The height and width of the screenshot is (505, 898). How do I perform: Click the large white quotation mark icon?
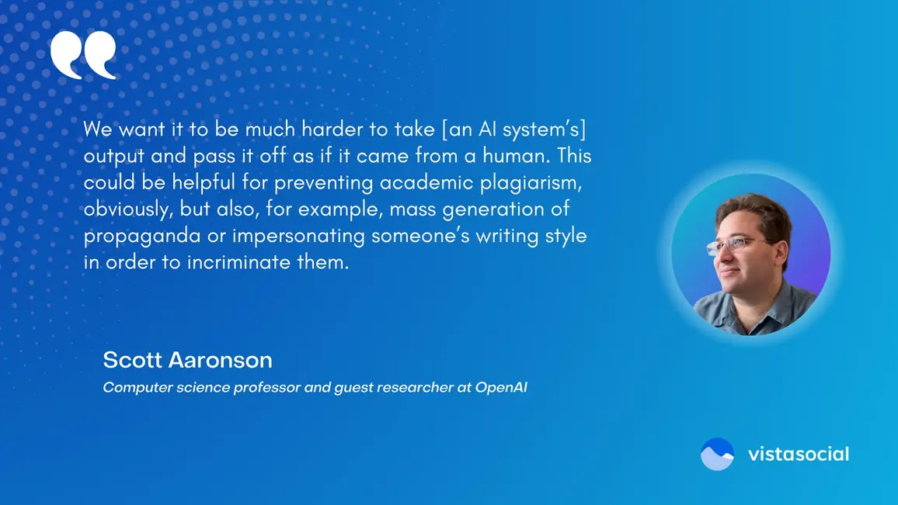(83, 54)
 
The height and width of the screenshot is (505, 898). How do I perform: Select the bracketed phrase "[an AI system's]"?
(513, 130)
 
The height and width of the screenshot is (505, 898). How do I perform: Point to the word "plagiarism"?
(531, 183)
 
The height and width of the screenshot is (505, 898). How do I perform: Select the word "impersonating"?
(298, 237)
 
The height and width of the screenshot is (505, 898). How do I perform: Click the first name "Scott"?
(132, 360)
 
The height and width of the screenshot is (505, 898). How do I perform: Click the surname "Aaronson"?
(221, 360)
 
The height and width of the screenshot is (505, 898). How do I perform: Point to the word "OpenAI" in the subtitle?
(501, 387)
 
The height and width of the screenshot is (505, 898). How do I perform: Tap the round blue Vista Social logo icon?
(717, 454)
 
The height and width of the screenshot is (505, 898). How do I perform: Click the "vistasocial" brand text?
(799, 454)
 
